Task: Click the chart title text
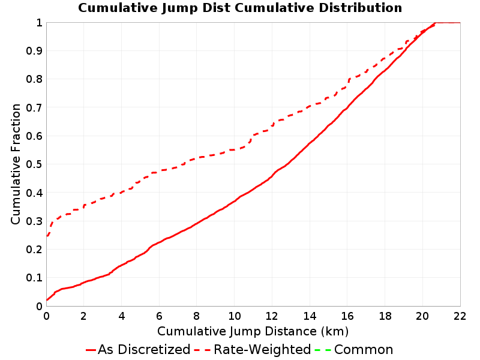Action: point(240,8)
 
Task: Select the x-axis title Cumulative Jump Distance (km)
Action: point(253,331)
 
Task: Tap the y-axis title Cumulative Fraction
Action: point(16,164)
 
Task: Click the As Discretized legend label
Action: point(144,349)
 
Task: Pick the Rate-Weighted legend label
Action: point(262,349)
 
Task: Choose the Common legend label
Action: point(364,349)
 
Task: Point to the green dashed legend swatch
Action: point(323,350)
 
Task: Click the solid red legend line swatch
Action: point(91,350)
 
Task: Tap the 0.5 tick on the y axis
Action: point(34,164)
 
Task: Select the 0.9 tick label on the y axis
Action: point(34,51)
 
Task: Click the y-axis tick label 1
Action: point(39,23)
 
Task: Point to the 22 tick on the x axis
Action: point(460,316)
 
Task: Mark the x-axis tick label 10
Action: point(235,316)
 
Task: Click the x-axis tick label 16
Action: point(347,316)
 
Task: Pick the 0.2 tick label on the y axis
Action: point(34,250)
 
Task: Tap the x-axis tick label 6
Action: point(159,316)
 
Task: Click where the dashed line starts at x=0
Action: point(47,236)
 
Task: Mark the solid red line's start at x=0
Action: point(47,300)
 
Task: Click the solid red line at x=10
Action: point(235,202)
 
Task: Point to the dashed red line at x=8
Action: point(197,158)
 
